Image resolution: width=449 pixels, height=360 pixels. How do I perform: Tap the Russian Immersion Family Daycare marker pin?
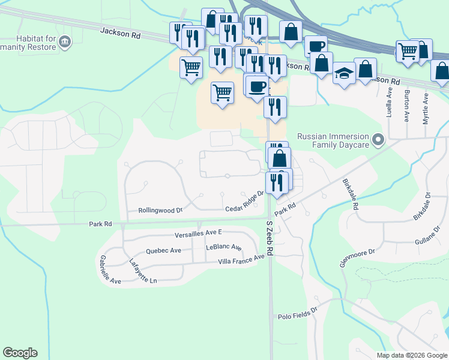(378, 140)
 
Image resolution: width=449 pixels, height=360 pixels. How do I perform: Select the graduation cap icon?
(344, 73)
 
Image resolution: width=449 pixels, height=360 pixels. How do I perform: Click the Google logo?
(20, 353)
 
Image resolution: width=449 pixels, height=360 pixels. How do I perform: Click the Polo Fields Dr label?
(297, 316)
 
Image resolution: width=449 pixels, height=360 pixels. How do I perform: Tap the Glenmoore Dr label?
(357, 260)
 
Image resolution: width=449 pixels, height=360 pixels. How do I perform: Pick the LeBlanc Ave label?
(223, 247)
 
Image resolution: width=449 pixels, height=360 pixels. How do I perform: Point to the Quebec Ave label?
(163, 251)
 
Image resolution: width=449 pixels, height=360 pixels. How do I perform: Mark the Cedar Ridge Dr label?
(245, 202)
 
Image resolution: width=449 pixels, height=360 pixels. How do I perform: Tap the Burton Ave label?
(407, 103)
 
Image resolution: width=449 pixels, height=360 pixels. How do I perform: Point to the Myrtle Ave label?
(426, 109)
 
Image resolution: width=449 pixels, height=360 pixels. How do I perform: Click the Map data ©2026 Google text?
(411, 355)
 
